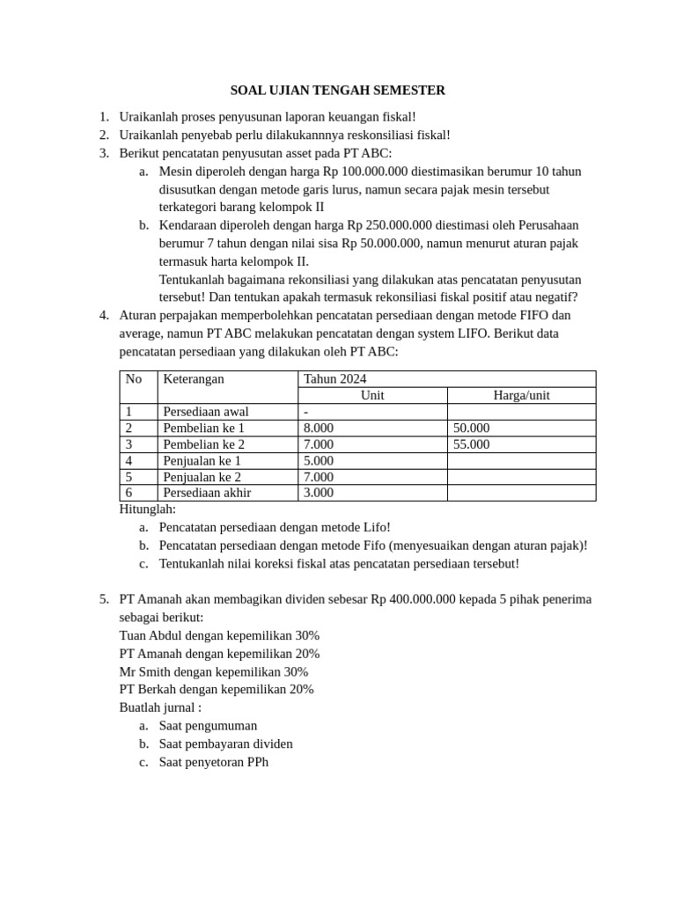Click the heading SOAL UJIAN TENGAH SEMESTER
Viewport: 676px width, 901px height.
(x=338, y=90)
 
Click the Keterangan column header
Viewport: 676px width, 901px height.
(x=193, y=379)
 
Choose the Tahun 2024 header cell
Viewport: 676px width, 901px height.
(x=334, y=379)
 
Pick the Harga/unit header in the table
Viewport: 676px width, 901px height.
(x=521, y=396)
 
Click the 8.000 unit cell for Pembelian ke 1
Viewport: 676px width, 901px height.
(x=318, y=428)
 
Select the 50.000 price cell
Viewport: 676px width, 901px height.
(x=471, y=428)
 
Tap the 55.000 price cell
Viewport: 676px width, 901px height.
(x=471, y=444)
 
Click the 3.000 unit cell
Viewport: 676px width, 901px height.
(x=318, y=493)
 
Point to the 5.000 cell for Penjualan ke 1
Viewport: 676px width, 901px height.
(x=318, y=460)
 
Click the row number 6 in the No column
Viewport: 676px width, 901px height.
(x=129, y=493)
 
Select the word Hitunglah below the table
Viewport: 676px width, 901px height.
(x=147, y=509)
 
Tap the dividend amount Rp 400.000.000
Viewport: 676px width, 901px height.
(x=413, y=599)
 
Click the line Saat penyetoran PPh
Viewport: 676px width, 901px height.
(x=213, y=762)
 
